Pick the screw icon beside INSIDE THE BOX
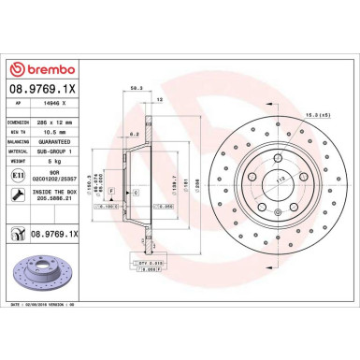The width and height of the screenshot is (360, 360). point(18,194)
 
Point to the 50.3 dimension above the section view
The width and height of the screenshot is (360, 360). point(137,89)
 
